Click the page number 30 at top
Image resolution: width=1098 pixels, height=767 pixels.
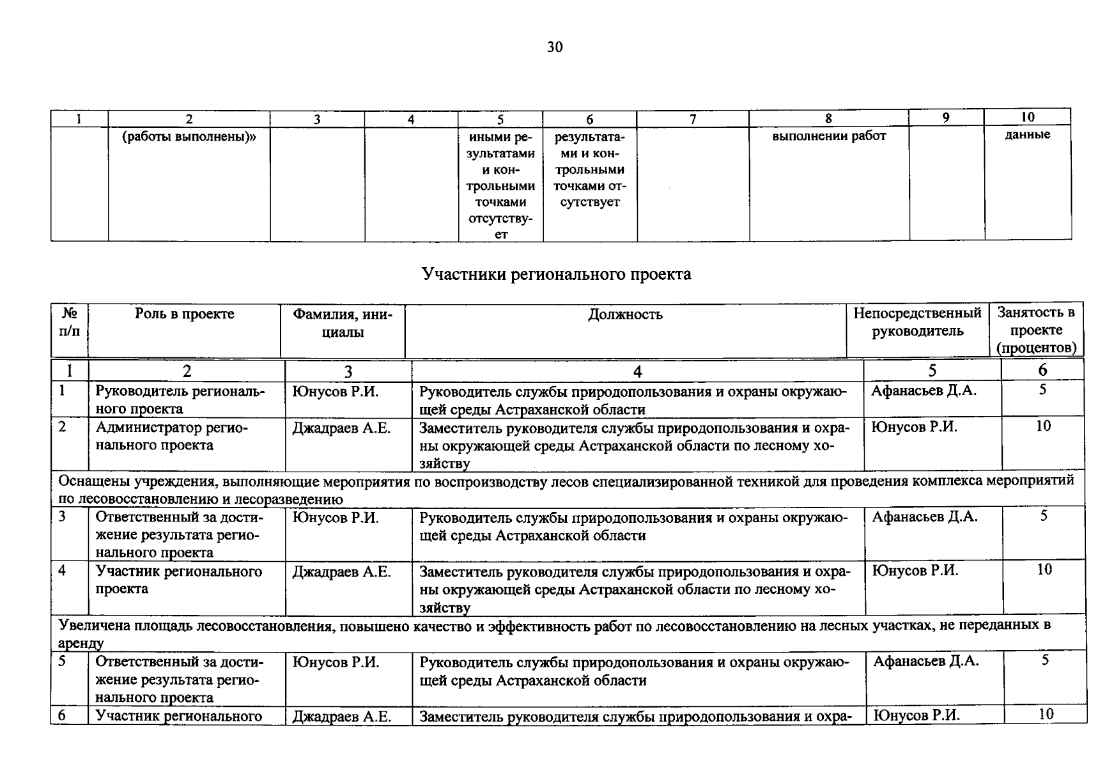click(x=555, y=47)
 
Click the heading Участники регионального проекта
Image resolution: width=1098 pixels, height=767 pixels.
click(x=556, y=275)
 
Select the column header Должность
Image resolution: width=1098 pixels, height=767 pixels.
click(x=625, y=314)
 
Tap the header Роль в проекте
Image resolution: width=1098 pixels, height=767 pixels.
click(x=184, y=314)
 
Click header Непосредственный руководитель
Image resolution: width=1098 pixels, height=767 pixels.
click(x=917, y=322)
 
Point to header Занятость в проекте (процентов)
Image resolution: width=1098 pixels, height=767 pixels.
click(x=1036, y=330)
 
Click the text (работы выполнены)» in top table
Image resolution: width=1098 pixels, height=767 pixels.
click(x=189, y=136)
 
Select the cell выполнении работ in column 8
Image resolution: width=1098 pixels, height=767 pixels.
click(x=828, y=136)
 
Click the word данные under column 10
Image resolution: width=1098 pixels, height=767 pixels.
click(x=1027, y=135)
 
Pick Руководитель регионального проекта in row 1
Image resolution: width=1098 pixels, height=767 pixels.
click(x=180, y=399)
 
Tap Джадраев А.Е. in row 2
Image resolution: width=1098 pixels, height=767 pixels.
click(x=341, y=428)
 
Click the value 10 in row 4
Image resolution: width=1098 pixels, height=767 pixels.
click(x=1044, y=569)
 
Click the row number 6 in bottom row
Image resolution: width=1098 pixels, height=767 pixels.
click(x=62, y=715)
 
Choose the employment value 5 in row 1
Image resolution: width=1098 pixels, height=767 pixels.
click(x=1042, y=389)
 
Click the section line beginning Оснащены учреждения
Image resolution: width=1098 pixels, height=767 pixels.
click(x=566, y=489)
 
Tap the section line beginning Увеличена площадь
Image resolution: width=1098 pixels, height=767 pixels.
click(x=553, y=633)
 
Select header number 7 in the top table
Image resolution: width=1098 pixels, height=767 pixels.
click(x=692, y=119)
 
